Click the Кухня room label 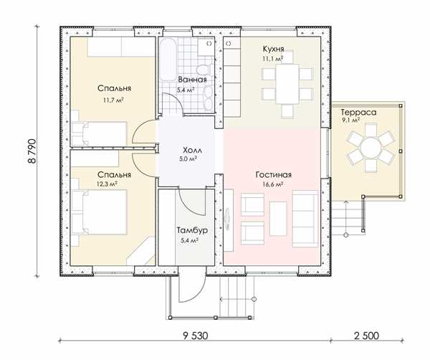coord(273,49)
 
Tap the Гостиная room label coord(274,175)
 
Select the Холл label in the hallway coord(192,151)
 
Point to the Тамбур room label coord(192,230)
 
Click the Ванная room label coord(192,80)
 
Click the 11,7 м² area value coord(113,100)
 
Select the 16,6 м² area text coord(273,184)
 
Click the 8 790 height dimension coord(32,151)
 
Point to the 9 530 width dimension coord(196,336)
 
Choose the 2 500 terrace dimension coord(367,336)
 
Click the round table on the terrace coord(371,148)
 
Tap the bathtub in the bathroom coord(168,60)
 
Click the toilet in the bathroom coord(204,70)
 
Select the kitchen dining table coord(287,84)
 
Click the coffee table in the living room coord(278,219)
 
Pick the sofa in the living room coord(305,219)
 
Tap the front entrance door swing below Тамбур coord(191,284)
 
